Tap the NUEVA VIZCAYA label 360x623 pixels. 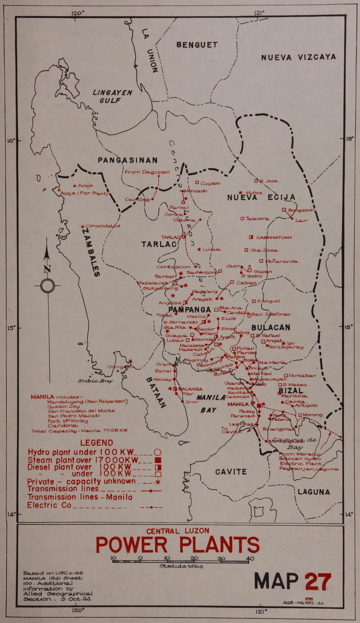[x=298, y=57]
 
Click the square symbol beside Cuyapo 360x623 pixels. [x=197, y=183]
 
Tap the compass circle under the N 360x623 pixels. [x=47, y=286]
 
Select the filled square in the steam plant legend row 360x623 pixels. [x=157, y=460]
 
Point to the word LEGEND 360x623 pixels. [x=96, y=443]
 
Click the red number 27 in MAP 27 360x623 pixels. [x=318, y=582]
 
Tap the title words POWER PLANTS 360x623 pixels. [x=177, y=545]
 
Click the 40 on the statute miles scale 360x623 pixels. [x=249, y=559]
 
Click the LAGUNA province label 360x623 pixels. [x=314, y=492]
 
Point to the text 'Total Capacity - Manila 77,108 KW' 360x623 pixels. [x=79, y=431]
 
